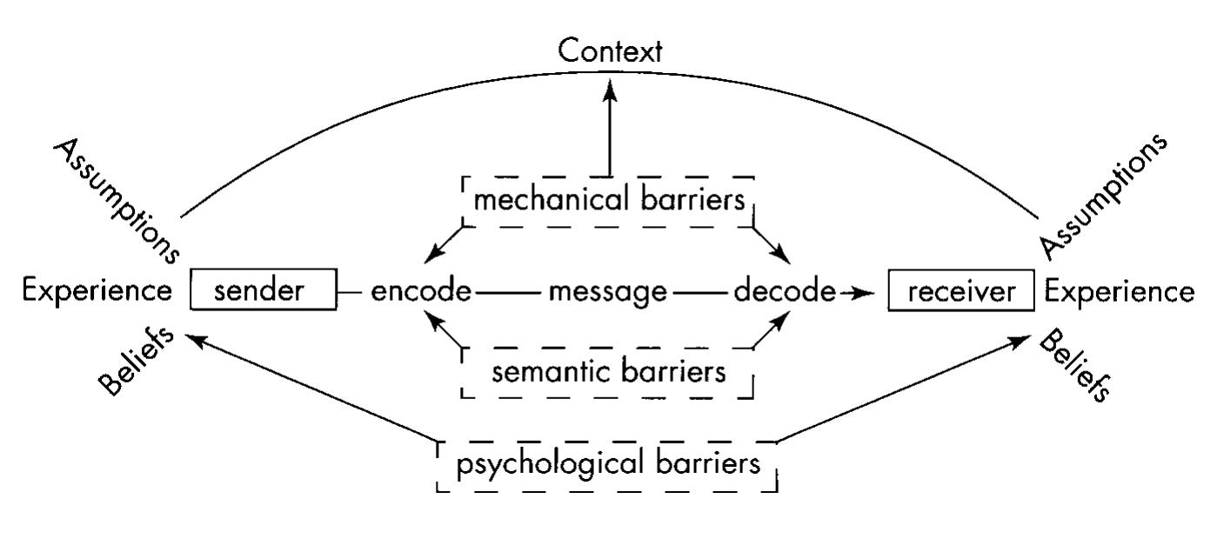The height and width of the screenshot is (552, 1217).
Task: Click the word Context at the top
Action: pos(610,51)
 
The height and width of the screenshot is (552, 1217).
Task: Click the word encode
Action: pos(421,290)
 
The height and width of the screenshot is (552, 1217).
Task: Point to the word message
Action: pos(608,293)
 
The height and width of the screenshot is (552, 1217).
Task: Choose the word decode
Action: pos(785,290)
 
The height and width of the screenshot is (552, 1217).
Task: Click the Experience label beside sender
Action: pos(97,290)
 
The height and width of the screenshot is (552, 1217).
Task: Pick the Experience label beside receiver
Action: pos(1120,291)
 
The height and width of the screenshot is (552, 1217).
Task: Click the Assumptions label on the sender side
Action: pos(117,201)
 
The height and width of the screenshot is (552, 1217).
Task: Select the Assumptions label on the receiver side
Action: pos(1103,196)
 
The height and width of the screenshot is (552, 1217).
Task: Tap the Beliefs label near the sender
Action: pos(137,362)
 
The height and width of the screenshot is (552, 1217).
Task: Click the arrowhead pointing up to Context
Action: pos(610,90)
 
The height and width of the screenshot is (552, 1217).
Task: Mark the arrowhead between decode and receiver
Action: pos(863,294)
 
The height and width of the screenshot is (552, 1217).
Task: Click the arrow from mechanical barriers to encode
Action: pos(444,245)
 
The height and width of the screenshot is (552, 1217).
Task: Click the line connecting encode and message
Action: pos(508,293)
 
